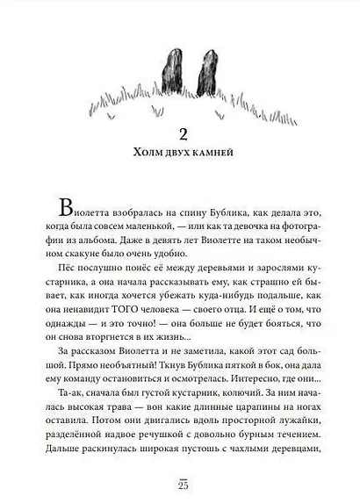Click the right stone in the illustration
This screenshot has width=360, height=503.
tap(202, 70)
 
